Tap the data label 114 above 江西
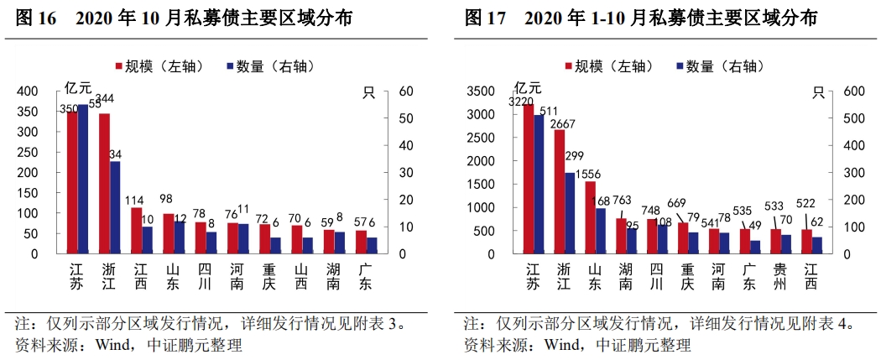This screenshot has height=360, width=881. (134, 201)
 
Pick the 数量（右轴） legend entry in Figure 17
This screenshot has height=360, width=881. (717, 66)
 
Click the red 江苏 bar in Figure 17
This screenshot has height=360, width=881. (529, 180)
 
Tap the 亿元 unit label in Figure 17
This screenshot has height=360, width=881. (529, 86)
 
